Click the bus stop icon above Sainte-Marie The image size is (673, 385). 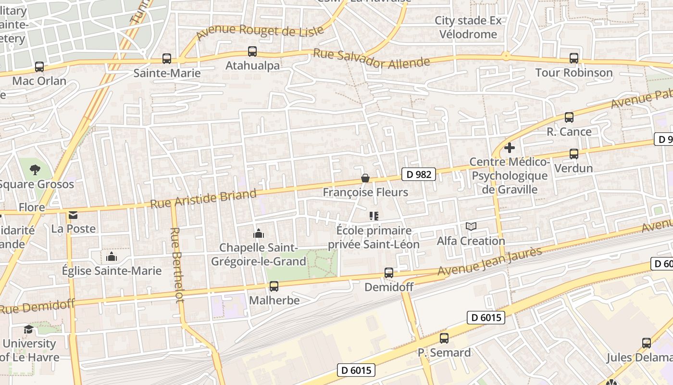[x=166, y=59]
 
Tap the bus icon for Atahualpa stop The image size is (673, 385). [x=252, y=51]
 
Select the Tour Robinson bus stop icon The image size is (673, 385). [x=573, y=58]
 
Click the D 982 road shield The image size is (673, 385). [x=418, y=174]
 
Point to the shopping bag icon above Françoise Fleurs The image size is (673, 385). [x=365, y=179]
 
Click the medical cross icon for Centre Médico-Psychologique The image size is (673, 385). [x=510, y=148]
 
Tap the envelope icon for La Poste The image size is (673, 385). [x=73, y=215]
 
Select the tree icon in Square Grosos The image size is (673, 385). [x=35, y=169]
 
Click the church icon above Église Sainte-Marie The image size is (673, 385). [x=112, y=256]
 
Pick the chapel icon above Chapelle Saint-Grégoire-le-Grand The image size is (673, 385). [x=259, y=233]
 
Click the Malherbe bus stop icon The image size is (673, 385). [x=274, y=286]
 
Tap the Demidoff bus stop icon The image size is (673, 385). [x=389, y=273]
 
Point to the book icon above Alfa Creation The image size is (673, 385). [x=471, y=226]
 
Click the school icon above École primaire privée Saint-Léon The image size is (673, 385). [x=374, y=216]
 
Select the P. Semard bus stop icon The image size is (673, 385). [x=444, y=338]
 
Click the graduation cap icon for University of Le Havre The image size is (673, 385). [x=29, y=329]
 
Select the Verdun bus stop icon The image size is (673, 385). [x=573, y=154]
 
